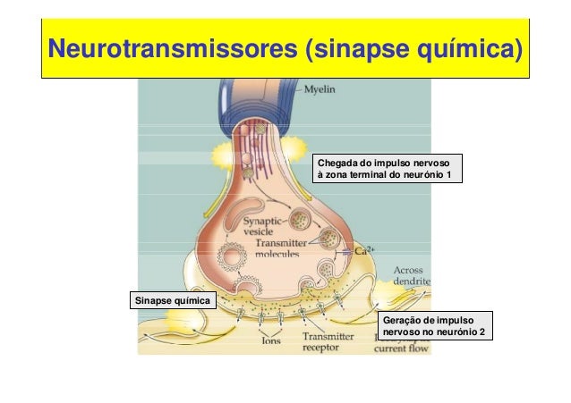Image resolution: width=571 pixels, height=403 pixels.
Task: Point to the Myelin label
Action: pyautogui.click(x=325, y=89)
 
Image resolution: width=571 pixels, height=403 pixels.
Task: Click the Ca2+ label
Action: pyautogui.click(x=364, y=250)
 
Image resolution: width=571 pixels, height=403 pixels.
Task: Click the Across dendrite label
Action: pyautogui.click(x=412, y=274)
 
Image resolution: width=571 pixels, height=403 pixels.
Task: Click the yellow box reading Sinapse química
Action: pyautogui.click(x=172, y=299)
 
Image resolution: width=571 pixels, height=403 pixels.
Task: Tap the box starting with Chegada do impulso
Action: pyautogui.click(x=388, y=169)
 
